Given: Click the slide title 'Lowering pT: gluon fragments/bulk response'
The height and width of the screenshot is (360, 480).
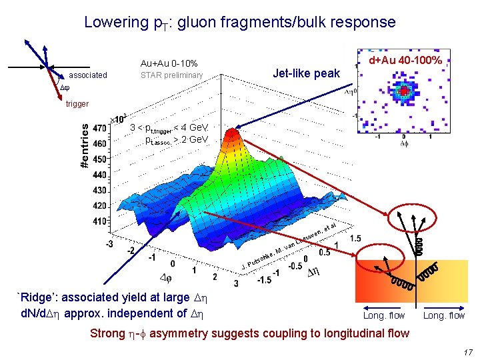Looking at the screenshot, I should click(239, 22).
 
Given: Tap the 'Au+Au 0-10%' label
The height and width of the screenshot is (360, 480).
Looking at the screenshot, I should click(169, 63).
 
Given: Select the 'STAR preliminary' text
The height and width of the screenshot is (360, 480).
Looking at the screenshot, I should click(171, 75).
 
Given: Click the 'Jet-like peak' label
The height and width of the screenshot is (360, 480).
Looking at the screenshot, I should click(307, 73).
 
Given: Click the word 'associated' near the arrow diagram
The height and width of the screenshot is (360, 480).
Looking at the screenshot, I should click(88, 75).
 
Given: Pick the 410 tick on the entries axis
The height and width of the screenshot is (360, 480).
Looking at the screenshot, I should click(99, 221).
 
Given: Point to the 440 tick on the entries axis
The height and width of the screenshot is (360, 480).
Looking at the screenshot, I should click(99, 174).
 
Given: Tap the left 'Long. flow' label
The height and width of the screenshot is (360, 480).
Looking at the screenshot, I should click(384, 315).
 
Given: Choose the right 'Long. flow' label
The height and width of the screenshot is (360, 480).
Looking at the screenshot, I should click(444, 315).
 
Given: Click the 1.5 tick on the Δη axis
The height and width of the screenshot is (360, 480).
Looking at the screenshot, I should click(355, 237).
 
